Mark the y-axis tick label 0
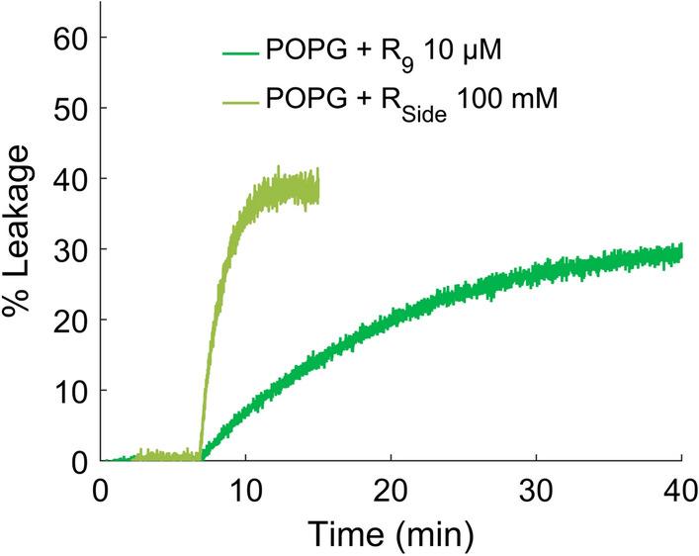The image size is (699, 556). (x=75, y=461)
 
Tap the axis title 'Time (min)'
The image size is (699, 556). (x=391, y=535)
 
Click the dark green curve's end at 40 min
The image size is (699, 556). (x=681, y=253)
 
